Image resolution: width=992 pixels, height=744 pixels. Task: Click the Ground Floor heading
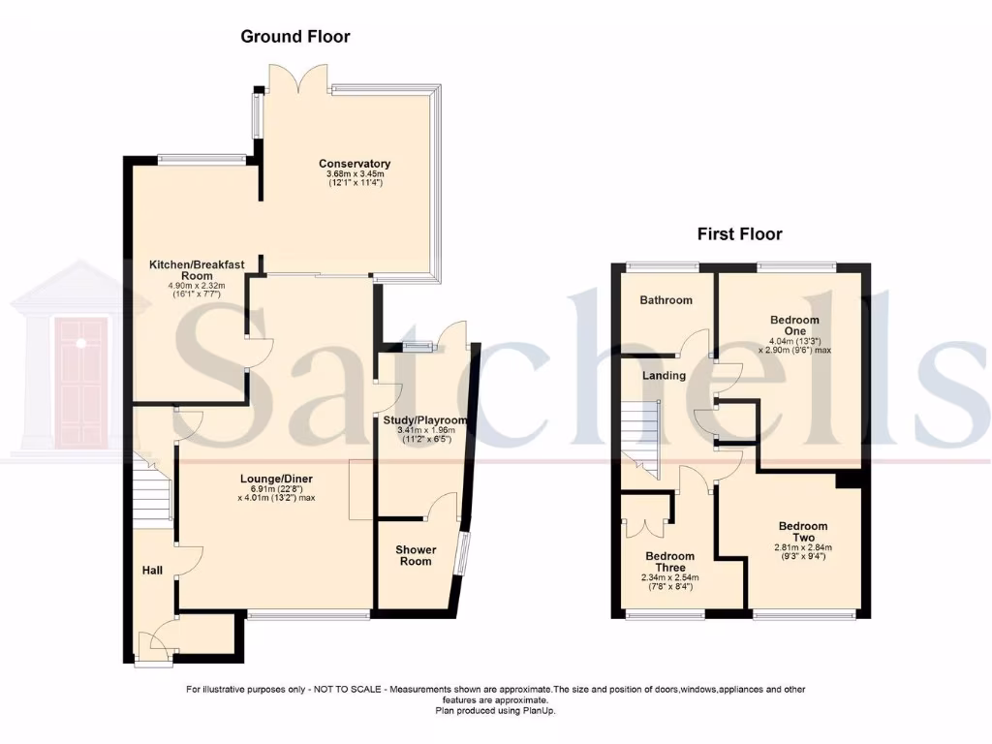pos(294,37)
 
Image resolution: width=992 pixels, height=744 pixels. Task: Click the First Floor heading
pos(739,233)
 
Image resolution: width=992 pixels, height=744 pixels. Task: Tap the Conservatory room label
pos(355,164)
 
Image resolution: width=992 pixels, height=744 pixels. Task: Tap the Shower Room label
pos(416,555)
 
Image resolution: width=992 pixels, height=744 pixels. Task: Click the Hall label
pos(153,571)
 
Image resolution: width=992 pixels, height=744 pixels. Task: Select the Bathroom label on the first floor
pos(666,300)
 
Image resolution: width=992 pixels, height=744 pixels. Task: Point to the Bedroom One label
pos(794,326)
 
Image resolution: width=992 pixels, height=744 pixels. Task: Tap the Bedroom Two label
pos(803,532)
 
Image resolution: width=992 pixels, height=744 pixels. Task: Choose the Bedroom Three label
pos(670,563)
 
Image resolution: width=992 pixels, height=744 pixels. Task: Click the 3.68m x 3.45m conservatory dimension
pos(355,173)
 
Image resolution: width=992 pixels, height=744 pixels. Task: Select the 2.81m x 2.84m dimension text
pos(803,546)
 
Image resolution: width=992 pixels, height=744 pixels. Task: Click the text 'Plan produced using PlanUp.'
pos(495,710)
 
